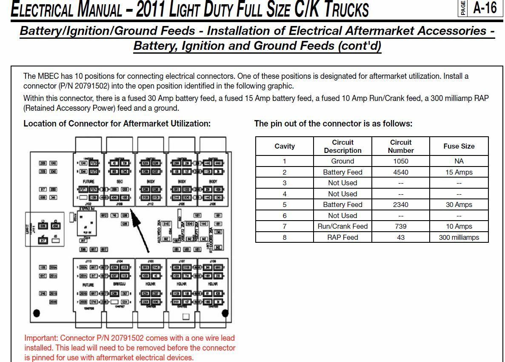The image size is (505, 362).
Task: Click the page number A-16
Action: tap(485, 8)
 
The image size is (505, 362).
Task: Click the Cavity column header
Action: tap(284, 146)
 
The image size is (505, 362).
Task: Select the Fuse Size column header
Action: tap(459, 146)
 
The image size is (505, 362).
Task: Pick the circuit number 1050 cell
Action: tap(400, 161)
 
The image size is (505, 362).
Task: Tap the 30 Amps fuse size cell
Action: tap(459, 204)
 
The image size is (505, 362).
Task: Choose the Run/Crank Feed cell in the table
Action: tap(342, 226)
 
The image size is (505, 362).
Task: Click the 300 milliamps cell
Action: tap(459, 237)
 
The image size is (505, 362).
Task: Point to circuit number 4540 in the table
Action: tap(400, 172)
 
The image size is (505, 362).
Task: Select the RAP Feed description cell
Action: tap(342, 237)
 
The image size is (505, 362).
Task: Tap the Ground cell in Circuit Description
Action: tap(342, 161)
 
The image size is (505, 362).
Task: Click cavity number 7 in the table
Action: tap(284, 226)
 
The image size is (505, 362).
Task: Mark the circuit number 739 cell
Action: tap(400, 226)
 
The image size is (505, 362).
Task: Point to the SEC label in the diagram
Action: tap(120, 181)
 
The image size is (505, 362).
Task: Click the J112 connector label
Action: tap(150, 204)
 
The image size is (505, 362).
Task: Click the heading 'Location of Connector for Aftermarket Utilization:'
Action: tap(117, 124)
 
